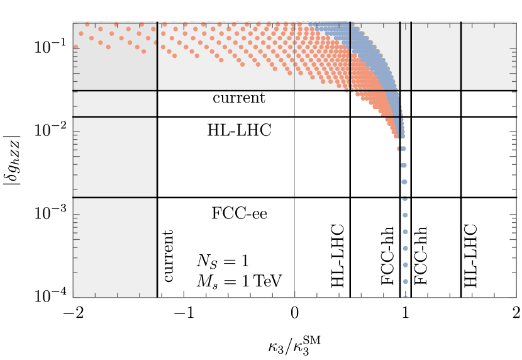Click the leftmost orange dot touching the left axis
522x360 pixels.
75,47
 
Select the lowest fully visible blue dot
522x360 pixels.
406,281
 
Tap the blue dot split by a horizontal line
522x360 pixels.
404,198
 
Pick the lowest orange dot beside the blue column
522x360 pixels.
399,149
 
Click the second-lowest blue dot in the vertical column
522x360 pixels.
406,265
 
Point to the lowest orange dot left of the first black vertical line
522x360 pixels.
143,52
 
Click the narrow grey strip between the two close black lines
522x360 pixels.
405,57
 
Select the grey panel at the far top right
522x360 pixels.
489,57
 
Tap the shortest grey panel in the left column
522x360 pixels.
114,104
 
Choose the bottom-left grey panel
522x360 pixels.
114,247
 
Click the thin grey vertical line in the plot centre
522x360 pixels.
294,189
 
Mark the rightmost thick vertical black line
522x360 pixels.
461,57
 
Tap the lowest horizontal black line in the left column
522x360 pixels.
114,197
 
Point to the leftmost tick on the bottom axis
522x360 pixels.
95,295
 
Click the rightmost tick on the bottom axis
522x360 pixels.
494,295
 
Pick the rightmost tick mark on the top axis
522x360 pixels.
494,25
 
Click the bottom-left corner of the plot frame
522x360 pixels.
73,297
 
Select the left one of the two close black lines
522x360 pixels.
400,57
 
